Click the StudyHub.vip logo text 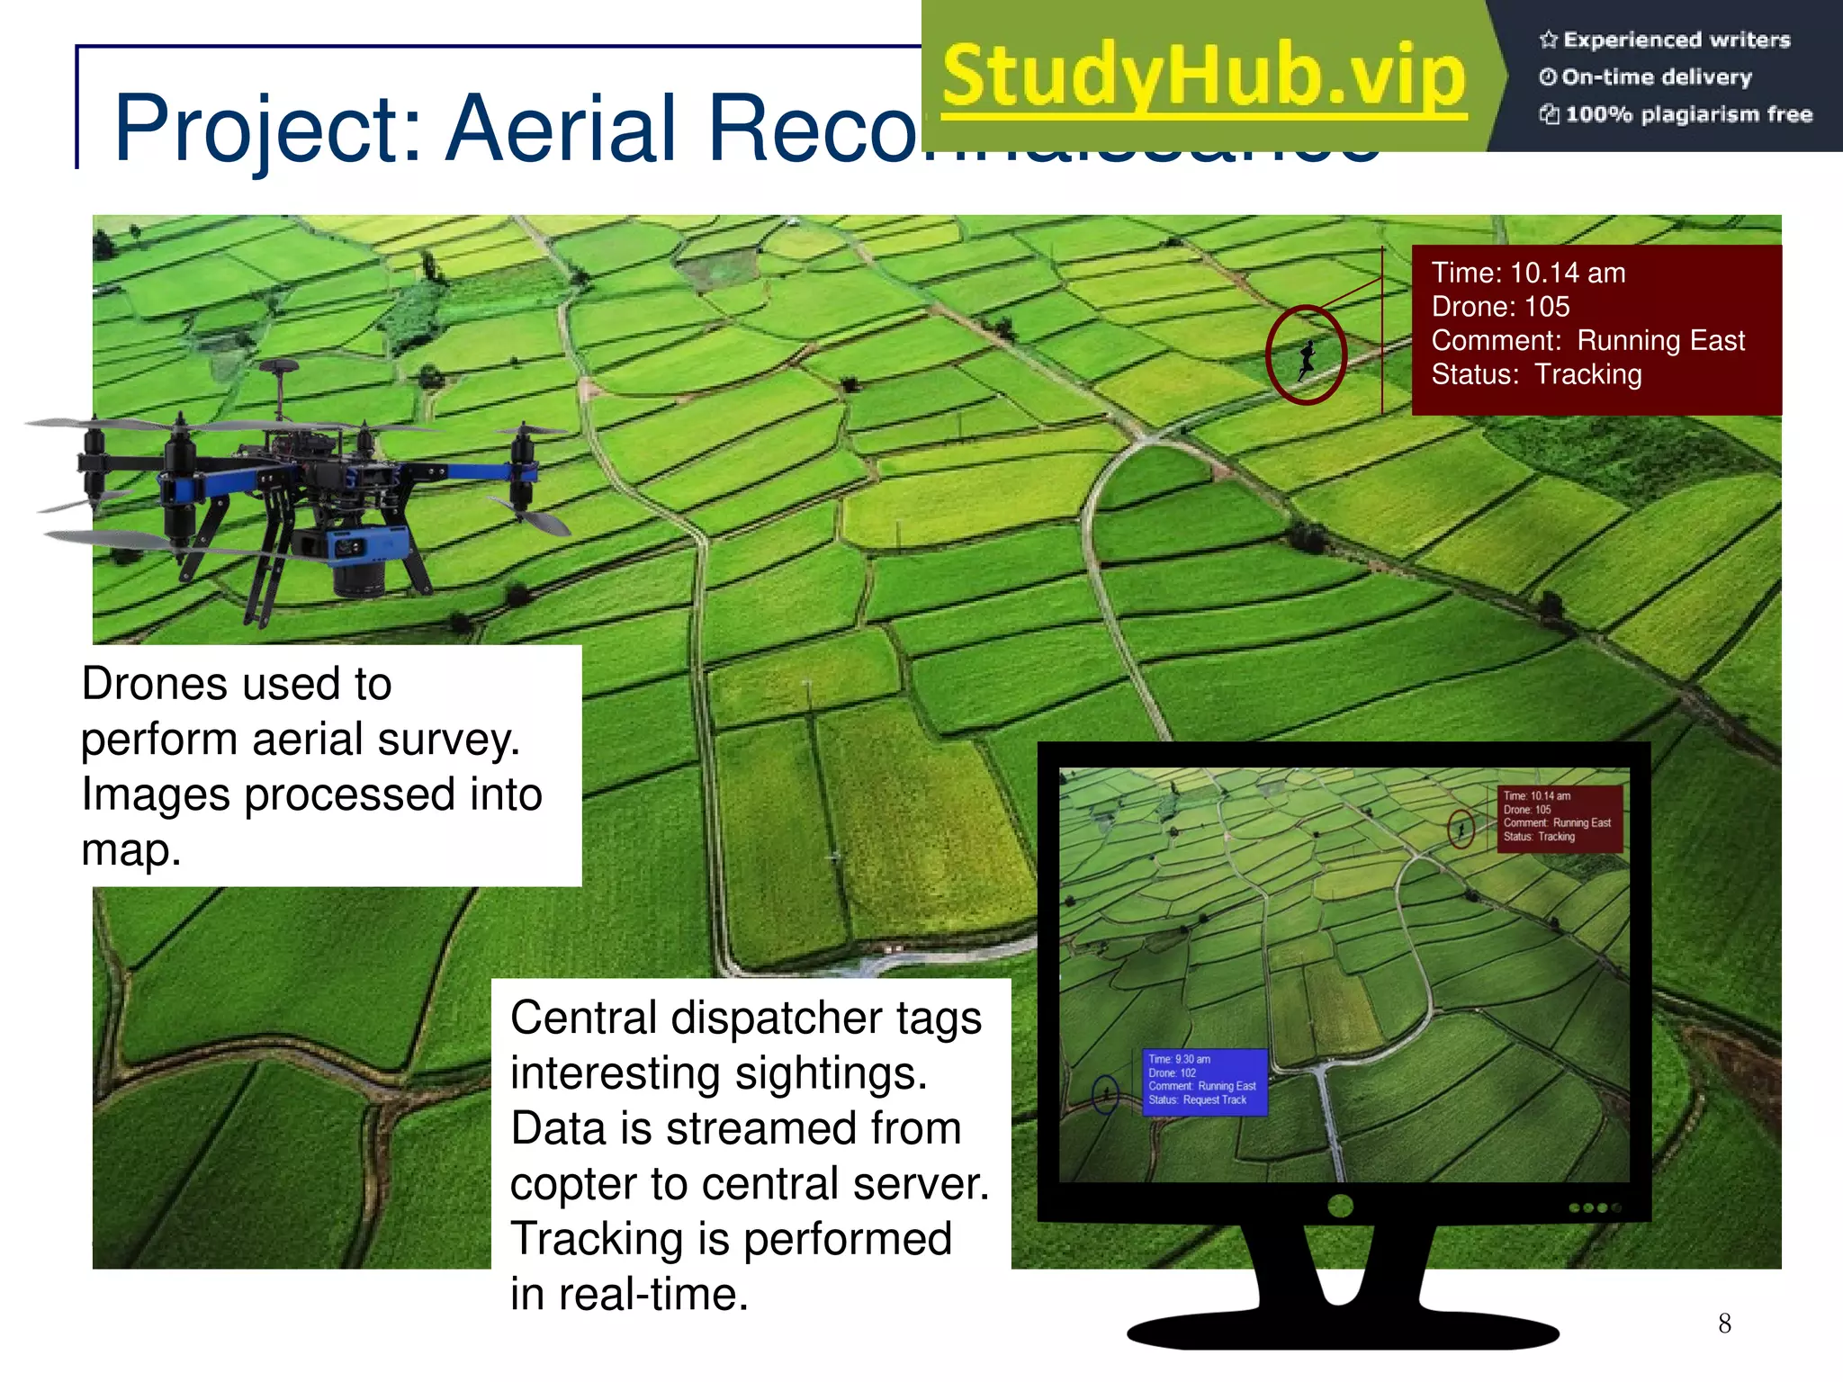[1204, 76]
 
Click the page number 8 [1724, 1323]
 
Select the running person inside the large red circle [1307, 358]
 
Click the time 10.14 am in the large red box [1567, 273]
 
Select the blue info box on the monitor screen [1204, 1081]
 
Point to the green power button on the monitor [1340, 1206]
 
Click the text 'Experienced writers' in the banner [1676, 40]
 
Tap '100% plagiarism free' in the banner [1688, 114]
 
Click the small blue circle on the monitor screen [1105, 1093]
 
